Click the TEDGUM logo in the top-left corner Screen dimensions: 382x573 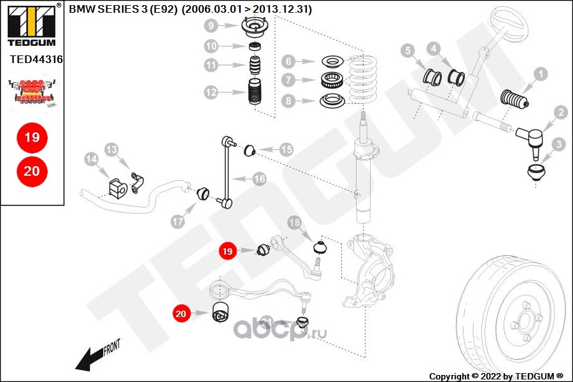click(x=31, y=25)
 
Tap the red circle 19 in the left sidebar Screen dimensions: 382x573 click(x=31, y=137)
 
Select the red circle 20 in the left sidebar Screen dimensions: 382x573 click(x=31, y=171)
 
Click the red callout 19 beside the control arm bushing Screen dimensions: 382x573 click(x=227, y=251)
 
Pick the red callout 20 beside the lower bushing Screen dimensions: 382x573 click(x=181, y=313)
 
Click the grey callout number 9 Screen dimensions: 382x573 click(x=211, y=26)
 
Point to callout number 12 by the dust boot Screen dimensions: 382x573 click(x=211, y=92)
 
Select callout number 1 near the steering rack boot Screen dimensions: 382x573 click(x=540, y=74)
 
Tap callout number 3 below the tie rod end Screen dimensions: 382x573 click(x=558, y=145)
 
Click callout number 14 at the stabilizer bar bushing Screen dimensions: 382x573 click(x=90, y=157)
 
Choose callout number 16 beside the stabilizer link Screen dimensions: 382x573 click(x=259, y=180)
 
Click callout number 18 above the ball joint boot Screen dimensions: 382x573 click(x=294, y=223)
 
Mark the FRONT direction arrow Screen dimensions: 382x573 click(x=95, y=357)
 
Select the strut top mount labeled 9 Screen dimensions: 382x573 click(x=255, y=28)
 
